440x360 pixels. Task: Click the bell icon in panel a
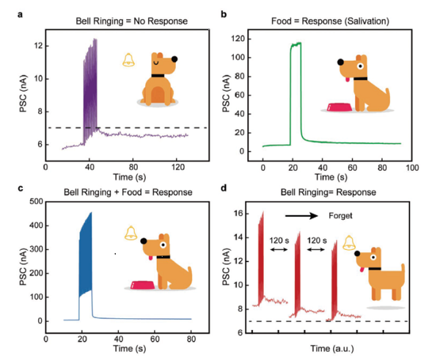(x=129, y=61)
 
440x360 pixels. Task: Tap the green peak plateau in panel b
(x=297, y=45)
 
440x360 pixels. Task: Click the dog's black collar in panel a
(x=159, y=76)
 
